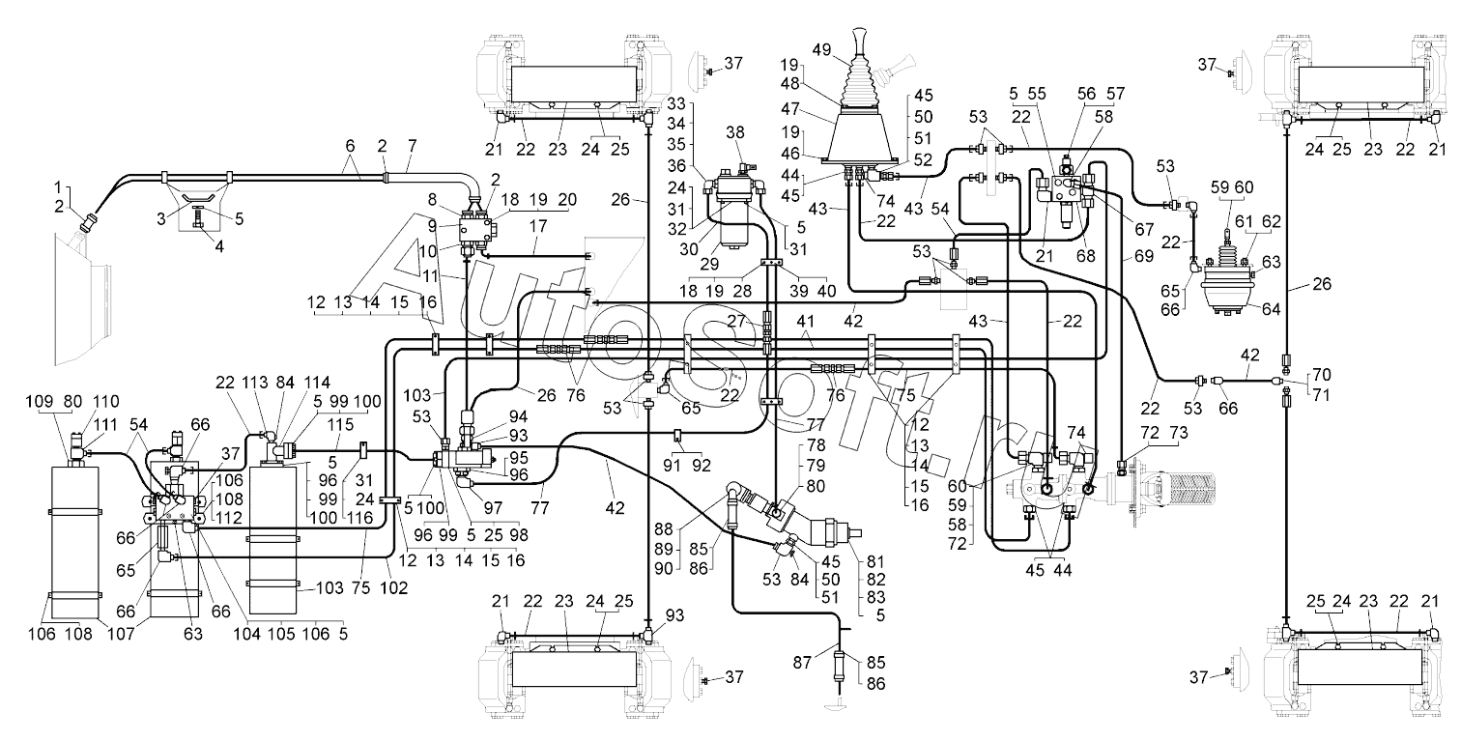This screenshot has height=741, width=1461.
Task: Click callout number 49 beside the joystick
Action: pyautogui.click(x=821, y=49)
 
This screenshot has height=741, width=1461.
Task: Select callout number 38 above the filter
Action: pyautogui.click(x=735, y=132)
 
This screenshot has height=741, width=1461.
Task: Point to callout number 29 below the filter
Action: pyautogui.click(x=709, y=264)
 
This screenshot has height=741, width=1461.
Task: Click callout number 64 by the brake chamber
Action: pyautogui.click(x=1271, y=308)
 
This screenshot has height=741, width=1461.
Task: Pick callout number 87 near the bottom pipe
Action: pyautogui.click(x=802, y=663)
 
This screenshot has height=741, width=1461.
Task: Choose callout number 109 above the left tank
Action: pyautogui.click(x=39, y=401)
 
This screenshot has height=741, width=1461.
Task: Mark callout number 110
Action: pyautogui.click(x=105, y=402)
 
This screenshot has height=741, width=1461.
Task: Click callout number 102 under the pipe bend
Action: pyautogui.click(x=393, y=587)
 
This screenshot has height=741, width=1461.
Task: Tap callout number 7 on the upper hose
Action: pyautogui.click(x=412, y=146)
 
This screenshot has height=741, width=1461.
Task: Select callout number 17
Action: pyautogui.click(x=537, y=226)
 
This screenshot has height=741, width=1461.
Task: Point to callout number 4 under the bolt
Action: pyautogui.click(x=219, y=246)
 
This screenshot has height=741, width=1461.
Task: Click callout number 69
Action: pyautogui.click(x=1143, y=256)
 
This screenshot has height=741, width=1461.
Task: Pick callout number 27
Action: pyautogui.click(x=736, y=321)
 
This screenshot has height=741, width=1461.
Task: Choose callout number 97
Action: pyautogui.click(x=493, y=507)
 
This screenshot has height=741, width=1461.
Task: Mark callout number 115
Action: pyautogui.click(x=340, y=425)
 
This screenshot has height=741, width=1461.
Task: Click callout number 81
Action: pyautogui.click(x=876, y=561)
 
